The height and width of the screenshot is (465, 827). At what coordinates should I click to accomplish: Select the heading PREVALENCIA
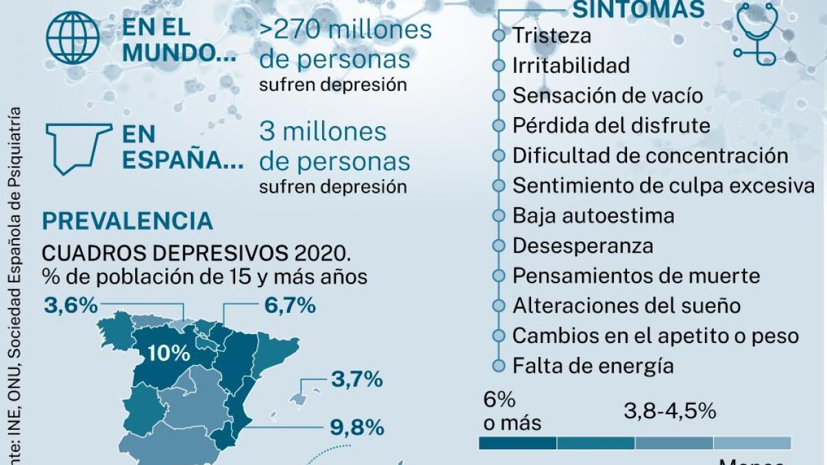click(x=128, y=221)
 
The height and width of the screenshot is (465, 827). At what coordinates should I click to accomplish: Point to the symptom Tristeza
click(x=552, y=35)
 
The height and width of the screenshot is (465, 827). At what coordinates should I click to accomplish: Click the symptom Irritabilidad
click(x=571, y=65)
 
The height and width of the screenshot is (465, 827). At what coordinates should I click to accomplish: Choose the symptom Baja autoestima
click(x=593, y=216)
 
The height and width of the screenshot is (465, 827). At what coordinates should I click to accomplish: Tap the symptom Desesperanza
click(x=583, y=246)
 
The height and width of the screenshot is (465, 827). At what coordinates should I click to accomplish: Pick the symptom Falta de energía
click(x=592, y=365)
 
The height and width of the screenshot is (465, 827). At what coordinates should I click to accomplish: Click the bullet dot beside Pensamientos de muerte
click(x=498, y=276)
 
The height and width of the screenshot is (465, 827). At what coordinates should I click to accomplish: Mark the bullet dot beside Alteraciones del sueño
click(x=498, y=306)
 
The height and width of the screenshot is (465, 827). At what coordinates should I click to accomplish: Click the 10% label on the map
click(x=169, y=354)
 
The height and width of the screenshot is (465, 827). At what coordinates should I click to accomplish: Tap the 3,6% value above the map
click(x=70, y=304)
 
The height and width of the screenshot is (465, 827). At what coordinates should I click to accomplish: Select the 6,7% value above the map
click(x=290, y=304)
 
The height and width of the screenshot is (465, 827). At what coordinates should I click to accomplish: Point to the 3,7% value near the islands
click(x=357, y=378)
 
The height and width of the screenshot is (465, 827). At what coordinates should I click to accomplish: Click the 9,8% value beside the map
click(x=357, y=427)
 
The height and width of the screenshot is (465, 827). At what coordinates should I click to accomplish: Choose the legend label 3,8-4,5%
click(x=670, y=412)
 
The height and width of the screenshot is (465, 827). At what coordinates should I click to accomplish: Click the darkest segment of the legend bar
click(x=517, y=443)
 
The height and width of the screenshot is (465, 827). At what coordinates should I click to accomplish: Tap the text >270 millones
click(x=346, y=30)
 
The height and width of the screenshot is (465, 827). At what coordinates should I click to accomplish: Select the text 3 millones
click(x=323, y=132)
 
